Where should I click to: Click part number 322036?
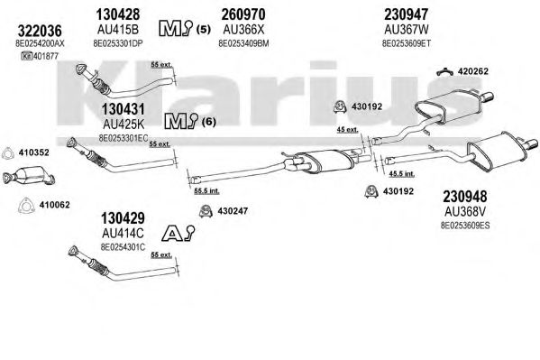pos(40,31)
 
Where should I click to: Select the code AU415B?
pos(118,29)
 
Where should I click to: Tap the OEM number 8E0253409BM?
pos(243,43)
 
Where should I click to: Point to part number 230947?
pos(407,14)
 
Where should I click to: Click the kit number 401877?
pos(40,56)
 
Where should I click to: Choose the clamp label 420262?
pos(473,71)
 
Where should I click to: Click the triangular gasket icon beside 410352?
pos(7,152)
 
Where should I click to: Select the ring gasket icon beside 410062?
pos(26,206)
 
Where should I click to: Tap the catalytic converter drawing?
pos(29,177)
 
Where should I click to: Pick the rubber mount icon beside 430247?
pos(206,211)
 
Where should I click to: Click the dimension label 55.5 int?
pos(206,190)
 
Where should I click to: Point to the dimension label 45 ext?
pos(347,130)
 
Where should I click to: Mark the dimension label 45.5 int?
pos(402,174)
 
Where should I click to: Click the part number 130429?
pos(123,218)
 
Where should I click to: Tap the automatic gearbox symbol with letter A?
pos(178,233)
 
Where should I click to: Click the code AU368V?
pos(464,211)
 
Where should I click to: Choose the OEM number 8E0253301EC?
pos(124,138)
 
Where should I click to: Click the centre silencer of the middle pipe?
pos(329,161)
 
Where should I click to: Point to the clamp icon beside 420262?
pos(445,71)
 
